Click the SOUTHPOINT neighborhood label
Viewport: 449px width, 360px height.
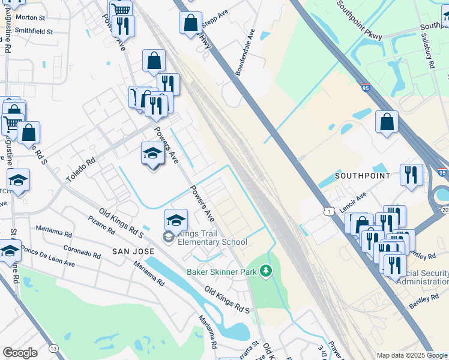point(362,176)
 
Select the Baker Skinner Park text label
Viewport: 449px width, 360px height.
point(221,272)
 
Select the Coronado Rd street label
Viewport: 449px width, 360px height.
point(81,251)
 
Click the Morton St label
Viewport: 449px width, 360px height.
point(31,19)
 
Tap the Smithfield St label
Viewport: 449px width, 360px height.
point(34,30)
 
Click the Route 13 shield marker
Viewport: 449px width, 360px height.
point(54,349)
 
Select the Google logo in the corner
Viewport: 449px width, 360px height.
point(20,353)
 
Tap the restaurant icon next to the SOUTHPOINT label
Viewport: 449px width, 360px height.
point(411,175)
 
